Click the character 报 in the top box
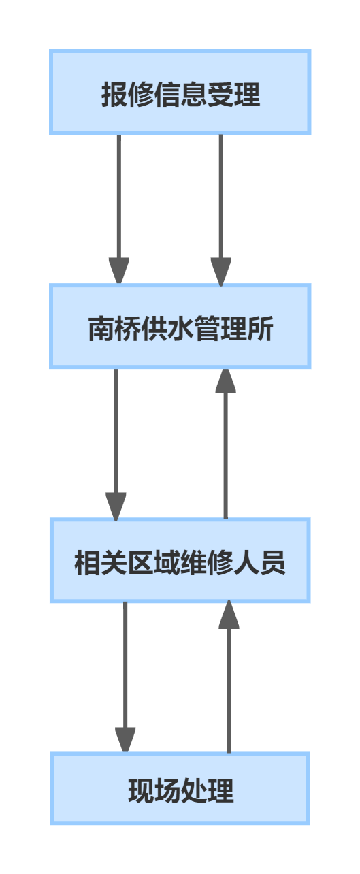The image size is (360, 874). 114,95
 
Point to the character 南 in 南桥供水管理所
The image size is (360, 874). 101,329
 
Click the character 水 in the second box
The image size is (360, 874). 180,329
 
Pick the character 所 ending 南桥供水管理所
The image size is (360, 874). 260,329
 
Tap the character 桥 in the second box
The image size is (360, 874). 127,329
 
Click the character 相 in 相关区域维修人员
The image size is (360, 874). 87,564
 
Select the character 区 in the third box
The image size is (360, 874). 140,564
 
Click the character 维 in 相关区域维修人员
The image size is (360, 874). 193,564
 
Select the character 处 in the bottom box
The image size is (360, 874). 194,791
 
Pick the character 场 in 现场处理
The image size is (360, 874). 167,791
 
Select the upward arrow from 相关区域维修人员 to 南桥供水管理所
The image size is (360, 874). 225,449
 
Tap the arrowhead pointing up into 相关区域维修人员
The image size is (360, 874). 229,615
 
